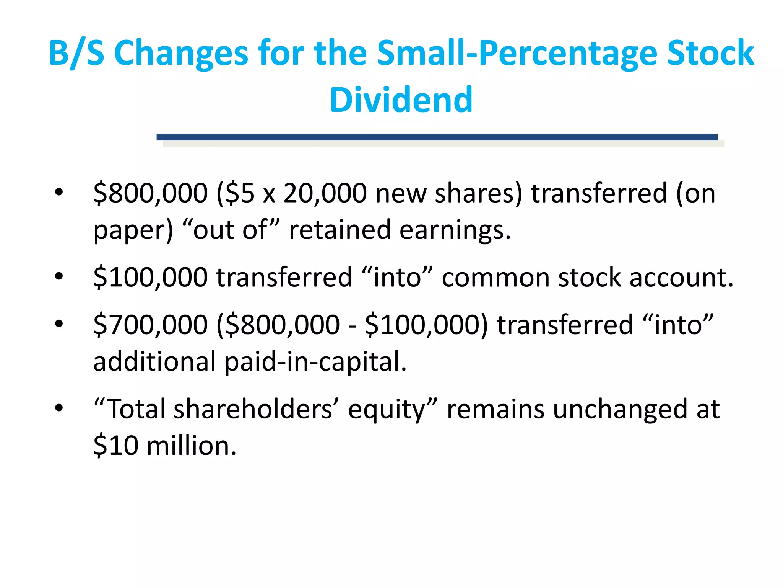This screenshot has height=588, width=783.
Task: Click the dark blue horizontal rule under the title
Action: pyautogui.click(x=437, y=137)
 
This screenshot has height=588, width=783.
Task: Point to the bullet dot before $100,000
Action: pyautogui.click(x=58, y=276)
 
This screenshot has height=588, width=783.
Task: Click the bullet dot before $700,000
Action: pyautogui.click(x=58, y=324)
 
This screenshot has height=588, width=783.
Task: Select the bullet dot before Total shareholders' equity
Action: pyautogui.click(x=58, y=408)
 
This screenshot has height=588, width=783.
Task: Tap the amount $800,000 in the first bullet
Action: pyautogui.click(x=151, y=193)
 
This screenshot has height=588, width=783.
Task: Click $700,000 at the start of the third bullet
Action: pyautogui.click(x=151, y=325)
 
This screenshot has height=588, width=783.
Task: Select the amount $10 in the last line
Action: pyautogui.click(x=116, y=446)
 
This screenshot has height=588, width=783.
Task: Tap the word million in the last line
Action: pyautogui.click(x=191, y=446)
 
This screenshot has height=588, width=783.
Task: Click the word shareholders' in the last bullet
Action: pyautogui.click(x=253, y=409)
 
